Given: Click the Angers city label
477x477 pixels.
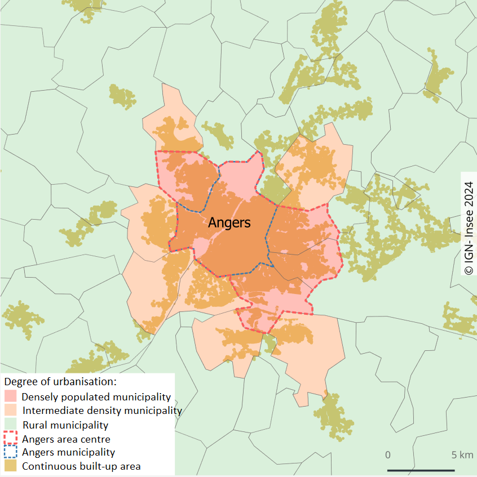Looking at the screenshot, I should click(x=229, y=222).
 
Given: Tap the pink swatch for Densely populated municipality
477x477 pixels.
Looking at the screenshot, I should click(x=11, y=396).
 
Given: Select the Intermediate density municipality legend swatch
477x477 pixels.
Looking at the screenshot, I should click(x=11, y=411).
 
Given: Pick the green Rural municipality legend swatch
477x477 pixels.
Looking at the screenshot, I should click(x=11, y=425).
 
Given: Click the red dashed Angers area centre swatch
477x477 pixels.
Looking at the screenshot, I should click(x=11, y=439).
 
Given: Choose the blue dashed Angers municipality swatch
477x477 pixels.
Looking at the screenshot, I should click(x=11, y=452).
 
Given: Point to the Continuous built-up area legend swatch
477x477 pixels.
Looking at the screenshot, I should click(x=11, y=466).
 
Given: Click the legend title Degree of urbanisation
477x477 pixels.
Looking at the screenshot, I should click(x=59, y=382).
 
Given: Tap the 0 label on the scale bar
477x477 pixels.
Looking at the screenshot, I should click(x=388, y=454).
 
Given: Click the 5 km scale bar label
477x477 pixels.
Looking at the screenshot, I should click(x=462, y=454).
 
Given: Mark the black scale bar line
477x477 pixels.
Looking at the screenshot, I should click(x=421, y=470).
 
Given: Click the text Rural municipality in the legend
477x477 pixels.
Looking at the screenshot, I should click(x=65, y=425).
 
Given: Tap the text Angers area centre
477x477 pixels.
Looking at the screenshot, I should click(x=66, y=439).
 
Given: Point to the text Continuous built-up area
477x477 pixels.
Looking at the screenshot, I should click(x=81, y=466).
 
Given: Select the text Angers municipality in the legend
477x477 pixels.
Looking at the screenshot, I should click(x=68, y=452).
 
